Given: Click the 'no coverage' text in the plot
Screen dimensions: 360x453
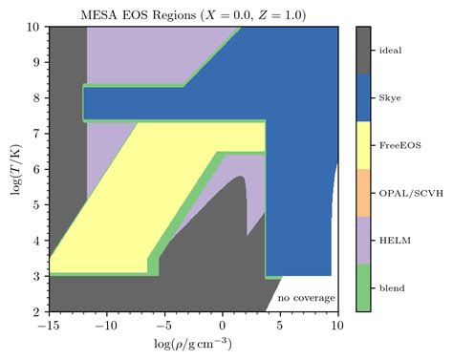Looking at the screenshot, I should pyautogui.click(x=306, y=299).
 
